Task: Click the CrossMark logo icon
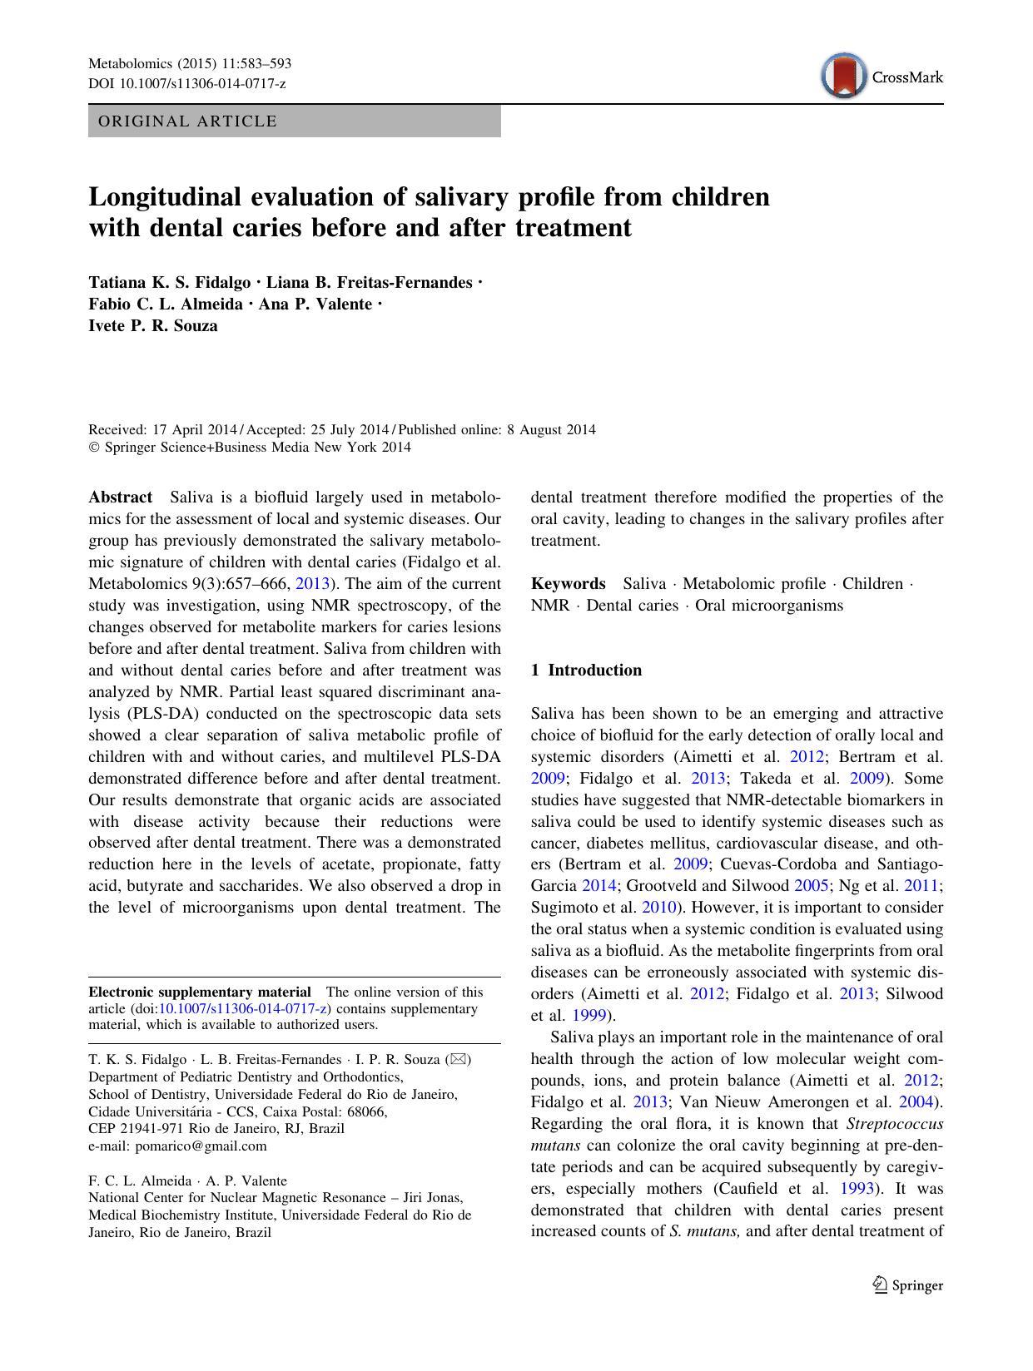pyautogui.click(x=843, y=77)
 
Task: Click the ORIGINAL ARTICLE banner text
pyautogui.click(x=187, y=121)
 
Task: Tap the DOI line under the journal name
pyautogui.click(x=186, y=83)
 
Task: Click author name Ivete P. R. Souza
pyautogui.click(x=153, y=326)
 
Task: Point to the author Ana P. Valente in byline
pyautogui.click(x=315, y=304)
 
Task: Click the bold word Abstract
pyautogui.click(x=121, y=497)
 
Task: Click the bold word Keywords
pyautogui.click(x=568, y=584)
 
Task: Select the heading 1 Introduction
pyautogui.click(x=586, y=671)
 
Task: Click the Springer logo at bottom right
pyautogui.click(x=907, y=1285)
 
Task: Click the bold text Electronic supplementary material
pyautogui.click(x=200, y=992)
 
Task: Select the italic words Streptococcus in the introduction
pyautogui.click(x=895, y=1124)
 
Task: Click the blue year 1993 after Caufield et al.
pyautogui.click(x=857, y=1189)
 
